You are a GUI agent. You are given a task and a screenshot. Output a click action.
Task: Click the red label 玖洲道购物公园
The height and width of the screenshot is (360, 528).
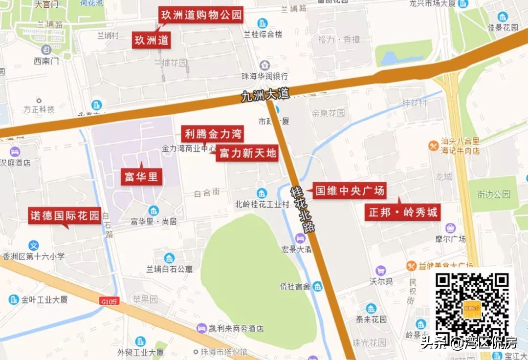click(201, 15)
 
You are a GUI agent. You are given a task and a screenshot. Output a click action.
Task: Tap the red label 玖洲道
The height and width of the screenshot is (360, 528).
click(152, 40)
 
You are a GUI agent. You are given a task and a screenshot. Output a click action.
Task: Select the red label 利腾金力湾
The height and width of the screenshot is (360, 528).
click(213, 134)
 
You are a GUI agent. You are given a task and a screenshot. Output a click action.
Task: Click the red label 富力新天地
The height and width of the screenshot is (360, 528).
click(247, 153)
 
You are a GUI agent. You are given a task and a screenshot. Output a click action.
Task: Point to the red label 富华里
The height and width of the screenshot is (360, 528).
click(141, 177)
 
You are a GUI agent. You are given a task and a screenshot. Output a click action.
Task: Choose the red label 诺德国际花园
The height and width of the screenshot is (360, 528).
click(65, 215)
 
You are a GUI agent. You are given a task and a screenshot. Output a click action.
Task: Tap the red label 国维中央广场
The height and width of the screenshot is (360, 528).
click(349, 191)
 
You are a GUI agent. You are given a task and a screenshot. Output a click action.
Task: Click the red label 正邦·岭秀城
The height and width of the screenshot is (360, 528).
click(403, 212)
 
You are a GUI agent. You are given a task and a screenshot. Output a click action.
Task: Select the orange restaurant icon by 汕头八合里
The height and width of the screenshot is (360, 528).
click(433, 145)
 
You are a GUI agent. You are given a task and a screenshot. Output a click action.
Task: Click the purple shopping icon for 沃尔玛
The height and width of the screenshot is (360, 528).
click(380, 271)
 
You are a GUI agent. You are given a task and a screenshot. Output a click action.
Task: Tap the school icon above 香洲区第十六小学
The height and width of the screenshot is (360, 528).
click(34, 246)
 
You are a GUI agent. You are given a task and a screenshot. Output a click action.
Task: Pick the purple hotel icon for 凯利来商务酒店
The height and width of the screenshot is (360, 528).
click(201, 328)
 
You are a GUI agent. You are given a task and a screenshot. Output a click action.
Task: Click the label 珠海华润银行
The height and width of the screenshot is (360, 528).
click(264, 77)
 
